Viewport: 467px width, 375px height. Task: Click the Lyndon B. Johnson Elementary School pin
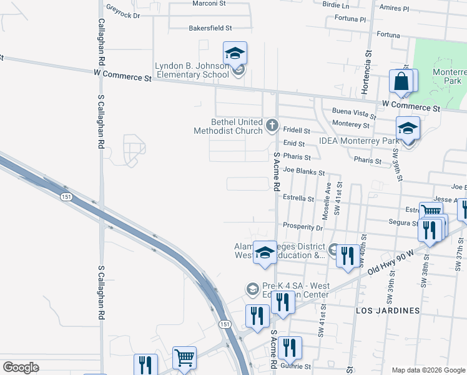point(235,54)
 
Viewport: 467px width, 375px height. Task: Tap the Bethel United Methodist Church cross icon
point(272,126)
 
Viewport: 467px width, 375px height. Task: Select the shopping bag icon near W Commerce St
point(400,82)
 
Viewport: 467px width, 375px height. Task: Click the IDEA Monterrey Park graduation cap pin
point(408,129)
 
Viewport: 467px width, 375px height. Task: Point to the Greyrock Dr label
point(123,12)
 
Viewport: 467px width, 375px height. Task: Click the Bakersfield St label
point(210,28)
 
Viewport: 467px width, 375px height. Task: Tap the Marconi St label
point(208,4)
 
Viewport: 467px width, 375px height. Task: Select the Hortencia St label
point(368,69)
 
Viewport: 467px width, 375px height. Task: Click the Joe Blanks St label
point(304,171)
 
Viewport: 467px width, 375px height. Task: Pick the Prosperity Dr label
point(302,226)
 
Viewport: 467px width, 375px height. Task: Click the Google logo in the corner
point(21,367)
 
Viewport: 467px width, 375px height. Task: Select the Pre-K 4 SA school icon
point(252,288)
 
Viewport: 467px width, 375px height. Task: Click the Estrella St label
point(298,198)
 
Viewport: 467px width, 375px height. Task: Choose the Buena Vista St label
point(354,112)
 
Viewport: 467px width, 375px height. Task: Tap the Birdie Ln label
point(336,4)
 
